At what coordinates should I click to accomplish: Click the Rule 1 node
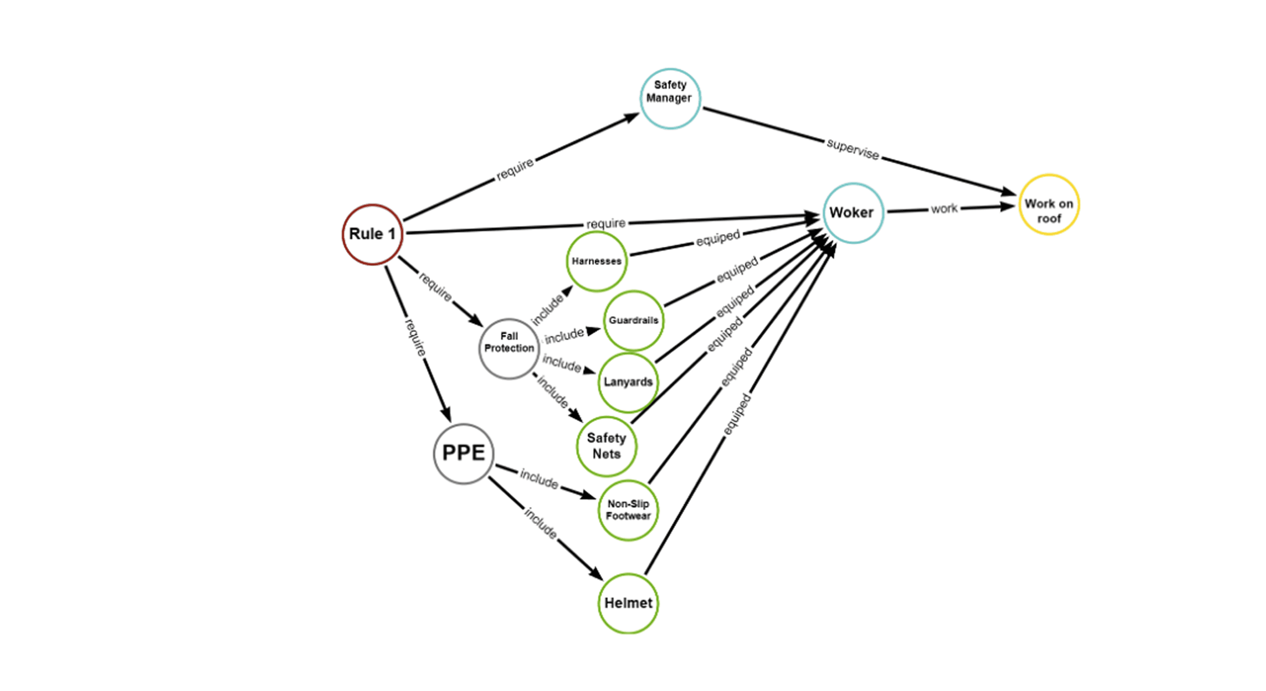pyautogui.click(x=373, y=235)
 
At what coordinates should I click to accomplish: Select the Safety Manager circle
pyautogui.click(x=670, y=98)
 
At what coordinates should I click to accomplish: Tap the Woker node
pyautogui.click(x=853, y=213)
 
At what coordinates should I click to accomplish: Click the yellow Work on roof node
pyautogui.click(x=1049, y=204)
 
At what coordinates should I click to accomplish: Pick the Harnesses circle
pyautogui.click(x=597, y=261)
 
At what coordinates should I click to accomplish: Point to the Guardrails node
pyautogui.click(x=633, y=321)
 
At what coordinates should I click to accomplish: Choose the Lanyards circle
pyautogui.click(x=629, y=382)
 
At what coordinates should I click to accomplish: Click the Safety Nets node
pyautogui.click(x=607, y=446)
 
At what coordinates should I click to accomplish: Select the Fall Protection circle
pyautogui.click(x=509, y=348)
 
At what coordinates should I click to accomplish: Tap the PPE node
pyautogui.click(x=464, y=454)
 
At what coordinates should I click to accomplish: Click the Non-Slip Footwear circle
pyautogui.click(x=628, y=510)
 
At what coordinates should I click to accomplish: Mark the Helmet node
pyautogui.click(x=628, y=603)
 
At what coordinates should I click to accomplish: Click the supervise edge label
pyautogui.click(x=853, y=149)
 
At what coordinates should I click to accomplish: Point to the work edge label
pyautogui.click(x=944, y=208)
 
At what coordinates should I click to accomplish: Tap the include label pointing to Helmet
pyautogui.click(x=540, y=523)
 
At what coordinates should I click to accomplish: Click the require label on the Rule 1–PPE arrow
pyautogui.click(x=415, y=337)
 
